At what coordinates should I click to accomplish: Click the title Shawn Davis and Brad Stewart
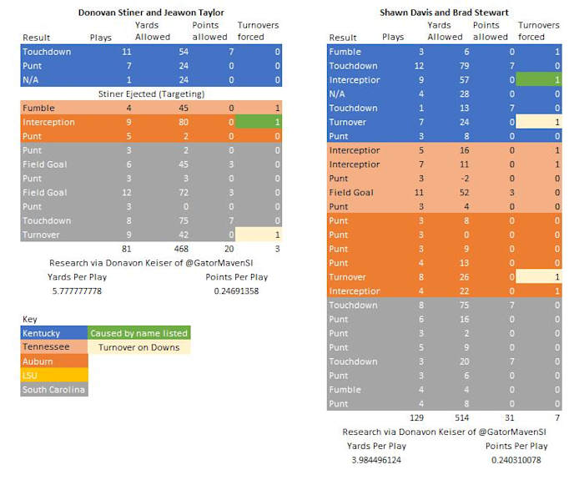[x=445, y=13]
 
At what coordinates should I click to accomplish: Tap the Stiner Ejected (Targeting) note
[x=150, y=93]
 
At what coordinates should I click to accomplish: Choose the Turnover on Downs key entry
[x=138, y=347]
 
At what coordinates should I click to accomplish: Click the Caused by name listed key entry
[x=138, y=333]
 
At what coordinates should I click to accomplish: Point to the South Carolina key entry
[x=53, y=390]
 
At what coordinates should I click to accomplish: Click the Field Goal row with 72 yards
[x=45, y=193]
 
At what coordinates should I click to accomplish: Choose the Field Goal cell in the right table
[x=353, y=193]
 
